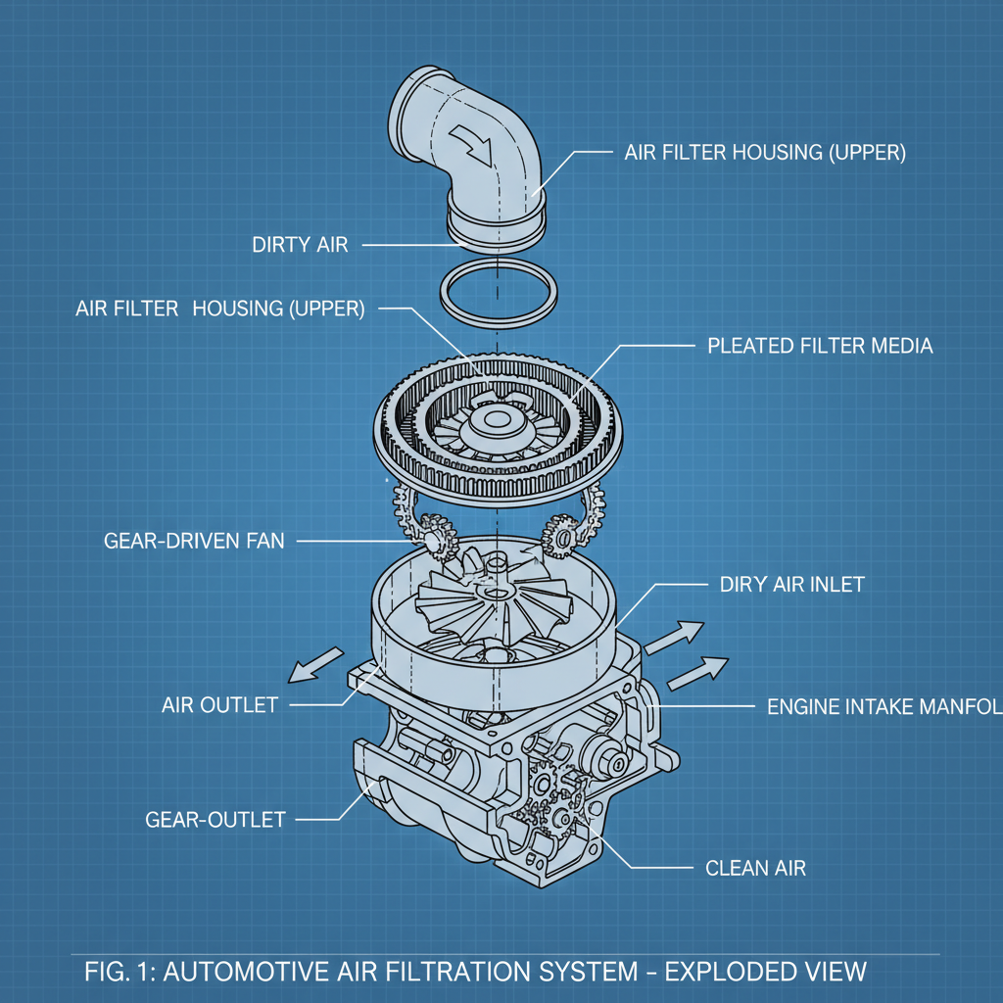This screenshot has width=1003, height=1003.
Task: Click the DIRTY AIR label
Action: click(x=299, y=245)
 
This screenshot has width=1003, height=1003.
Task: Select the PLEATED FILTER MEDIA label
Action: click(x=820, y=346)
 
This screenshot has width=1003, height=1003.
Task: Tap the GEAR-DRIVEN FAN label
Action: click(x=194, y=540)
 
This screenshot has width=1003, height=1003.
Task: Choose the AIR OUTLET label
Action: click(x=219, y=704)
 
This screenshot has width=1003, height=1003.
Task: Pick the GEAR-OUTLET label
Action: click(x=215, y=819)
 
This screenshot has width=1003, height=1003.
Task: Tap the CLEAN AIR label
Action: click(x=755, y=867)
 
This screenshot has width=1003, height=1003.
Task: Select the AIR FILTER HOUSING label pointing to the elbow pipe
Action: click(x=765, y=153)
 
